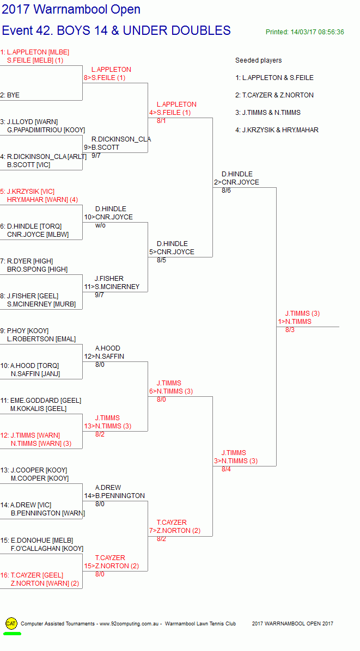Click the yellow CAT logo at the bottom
[11, 623]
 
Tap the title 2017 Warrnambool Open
[71, 9]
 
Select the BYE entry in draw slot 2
[13, 95]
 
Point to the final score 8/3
[290, 330]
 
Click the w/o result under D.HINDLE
[100, 225]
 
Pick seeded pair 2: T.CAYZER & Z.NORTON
[274, 95]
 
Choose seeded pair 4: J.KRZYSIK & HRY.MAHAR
[277, 130]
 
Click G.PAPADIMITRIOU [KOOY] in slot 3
[46, 130]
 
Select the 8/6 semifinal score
[227, 191]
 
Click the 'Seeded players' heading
[258, 60]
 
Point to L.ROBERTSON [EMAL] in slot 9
[41, 339]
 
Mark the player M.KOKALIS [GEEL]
[39, 409]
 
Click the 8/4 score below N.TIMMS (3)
[227, 470]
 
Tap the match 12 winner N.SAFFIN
[109, 356]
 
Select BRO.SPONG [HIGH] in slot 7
[38, 269]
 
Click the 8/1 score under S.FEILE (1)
[162, 121]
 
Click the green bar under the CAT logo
[12, 634]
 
